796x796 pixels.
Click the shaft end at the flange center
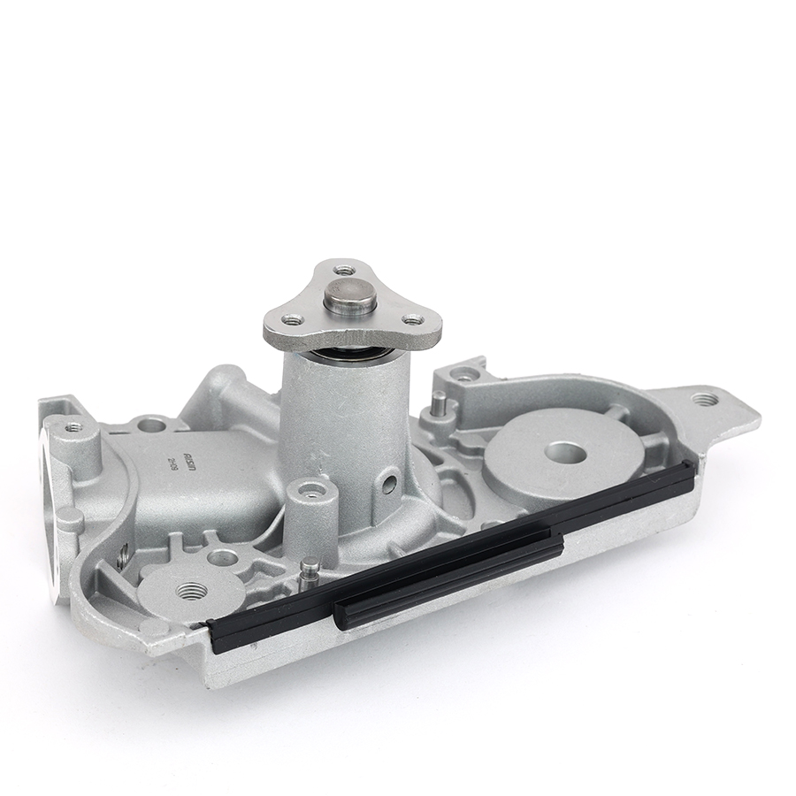point(350,294)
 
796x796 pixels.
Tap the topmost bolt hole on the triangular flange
point(344,269)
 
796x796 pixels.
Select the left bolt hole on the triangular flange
point(293,319)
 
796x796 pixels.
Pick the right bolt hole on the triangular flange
point(411,319)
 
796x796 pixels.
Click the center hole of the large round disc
point(563,452)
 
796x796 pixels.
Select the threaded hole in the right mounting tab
point(704,399)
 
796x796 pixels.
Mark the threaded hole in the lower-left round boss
point(188,590)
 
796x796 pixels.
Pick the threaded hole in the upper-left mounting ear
point(73,427)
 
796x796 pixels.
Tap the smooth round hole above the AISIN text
point(152,425)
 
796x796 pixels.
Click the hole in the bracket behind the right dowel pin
point(463,376)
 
